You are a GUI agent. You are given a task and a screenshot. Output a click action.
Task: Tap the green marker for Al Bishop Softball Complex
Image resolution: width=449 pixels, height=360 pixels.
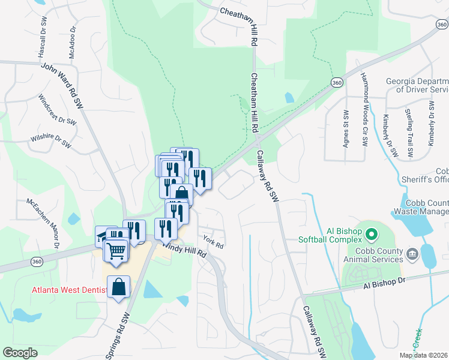point(371,234)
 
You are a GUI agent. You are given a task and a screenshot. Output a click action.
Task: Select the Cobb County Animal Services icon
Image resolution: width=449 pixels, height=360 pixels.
point(412,254)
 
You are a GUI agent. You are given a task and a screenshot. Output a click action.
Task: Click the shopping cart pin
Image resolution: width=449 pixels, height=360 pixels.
point(117,250)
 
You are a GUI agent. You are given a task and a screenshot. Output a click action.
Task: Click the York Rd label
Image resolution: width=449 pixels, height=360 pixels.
point(213,242)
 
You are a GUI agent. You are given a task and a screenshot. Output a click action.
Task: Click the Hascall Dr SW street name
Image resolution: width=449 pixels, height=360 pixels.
point(43,37)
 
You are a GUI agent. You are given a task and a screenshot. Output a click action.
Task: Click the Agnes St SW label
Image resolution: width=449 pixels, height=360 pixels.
point(345,128)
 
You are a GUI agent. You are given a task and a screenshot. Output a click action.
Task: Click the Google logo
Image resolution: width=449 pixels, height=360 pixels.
point(19,353)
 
